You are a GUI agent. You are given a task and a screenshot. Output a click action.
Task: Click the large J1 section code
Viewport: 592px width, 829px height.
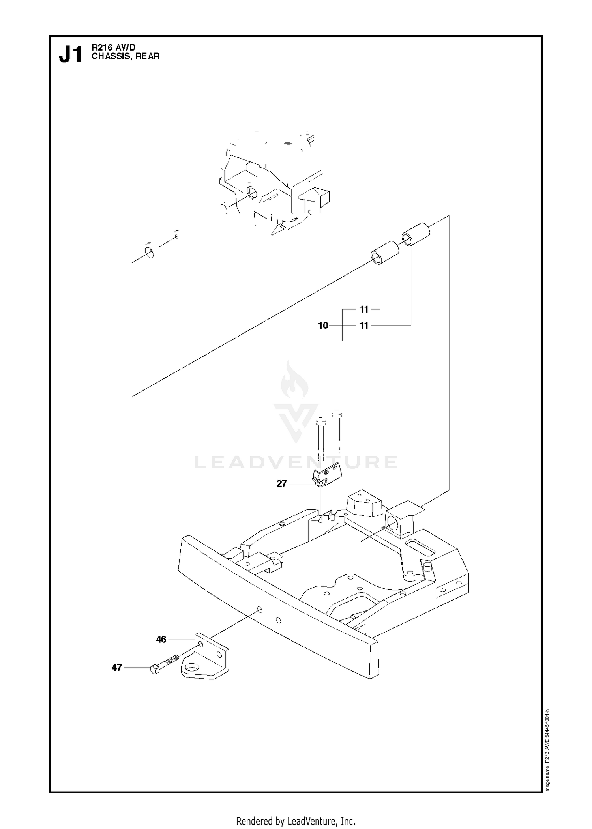tap(71, 54)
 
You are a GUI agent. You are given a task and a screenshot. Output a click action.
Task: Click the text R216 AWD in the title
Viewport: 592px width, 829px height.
tap(114, 48)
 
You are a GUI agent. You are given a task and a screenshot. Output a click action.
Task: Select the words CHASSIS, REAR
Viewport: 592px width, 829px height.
tap(126, 56)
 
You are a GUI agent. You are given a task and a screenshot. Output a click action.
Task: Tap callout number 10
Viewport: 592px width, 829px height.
tap(323, 326)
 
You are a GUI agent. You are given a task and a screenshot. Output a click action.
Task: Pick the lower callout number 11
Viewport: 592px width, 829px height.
tap(364, 326)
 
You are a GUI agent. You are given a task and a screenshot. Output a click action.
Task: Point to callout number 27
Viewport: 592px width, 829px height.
tap(281, 484)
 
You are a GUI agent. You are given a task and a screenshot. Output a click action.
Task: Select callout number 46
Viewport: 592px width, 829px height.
tap(161, 640)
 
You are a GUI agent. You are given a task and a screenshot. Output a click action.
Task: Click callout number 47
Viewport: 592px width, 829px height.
tap(116, 668)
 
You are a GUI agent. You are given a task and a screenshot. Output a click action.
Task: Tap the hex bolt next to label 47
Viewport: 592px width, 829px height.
tap(164, 664)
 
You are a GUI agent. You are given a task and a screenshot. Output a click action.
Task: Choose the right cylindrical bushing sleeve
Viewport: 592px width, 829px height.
tap(416, 235)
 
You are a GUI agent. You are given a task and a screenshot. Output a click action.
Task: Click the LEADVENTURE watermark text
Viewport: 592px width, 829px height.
tap(296, 462)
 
